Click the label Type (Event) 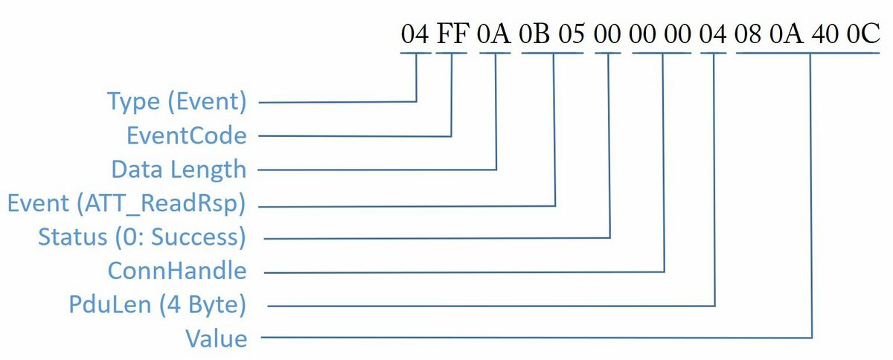(177, 101)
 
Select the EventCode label (187, 135)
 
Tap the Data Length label (179, 170)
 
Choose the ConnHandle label (177, 271)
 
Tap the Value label (217, 339)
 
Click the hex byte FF (452, 33)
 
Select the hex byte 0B (534, 33)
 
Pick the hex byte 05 (572, 33)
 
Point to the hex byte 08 (748, 33)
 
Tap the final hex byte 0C (863, 33)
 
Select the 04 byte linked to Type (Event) (415, 33)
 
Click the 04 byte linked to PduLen (712, 33)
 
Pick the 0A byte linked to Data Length (493, 33)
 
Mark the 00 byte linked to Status (607, 33)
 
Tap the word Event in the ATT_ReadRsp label (38, 203)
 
